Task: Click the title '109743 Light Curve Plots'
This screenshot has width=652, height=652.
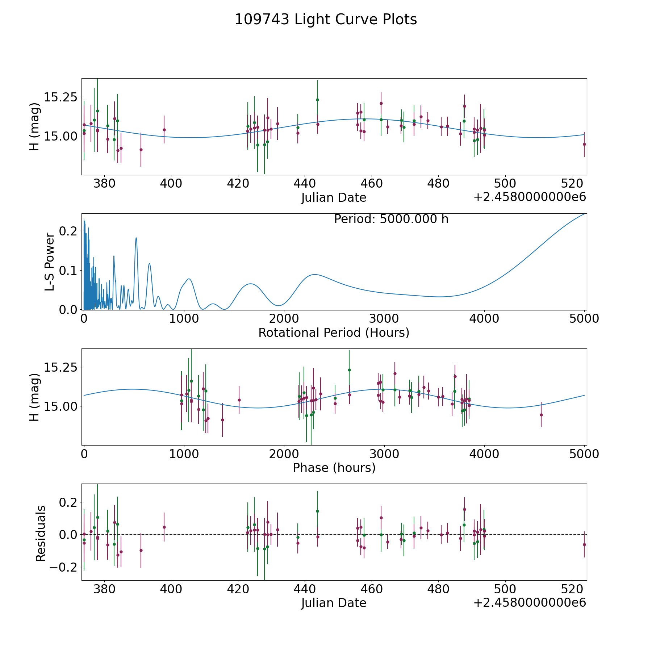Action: [326, 20]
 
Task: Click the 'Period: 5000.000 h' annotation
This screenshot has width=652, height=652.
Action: [391, 219]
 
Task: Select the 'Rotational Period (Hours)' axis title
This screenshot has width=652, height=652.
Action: [334, 333]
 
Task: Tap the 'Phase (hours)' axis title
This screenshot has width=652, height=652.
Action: [334, 468]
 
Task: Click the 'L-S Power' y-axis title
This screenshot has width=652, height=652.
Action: [50, 262]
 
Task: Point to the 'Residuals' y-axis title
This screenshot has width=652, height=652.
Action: [41, 534]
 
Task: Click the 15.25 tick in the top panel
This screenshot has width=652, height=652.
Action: [60, 97]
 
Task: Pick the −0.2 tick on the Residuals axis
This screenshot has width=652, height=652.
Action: [60, 567]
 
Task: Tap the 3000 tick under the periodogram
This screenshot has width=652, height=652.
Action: [384, 319]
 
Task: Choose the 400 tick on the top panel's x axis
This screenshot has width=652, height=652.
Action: [171, 184]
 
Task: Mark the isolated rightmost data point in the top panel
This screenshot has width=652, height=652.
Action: [584, 144]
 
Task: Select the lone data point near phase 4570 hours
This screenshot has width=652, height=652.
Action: [541, 415]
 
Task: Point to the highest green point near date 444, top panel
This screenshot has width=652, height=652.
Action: [317, 100]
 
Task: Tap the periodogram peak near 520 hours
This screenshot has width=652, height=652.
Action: [136, 238]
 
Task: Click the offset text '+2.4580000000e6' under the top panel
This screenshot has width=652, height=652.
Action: [530, 197]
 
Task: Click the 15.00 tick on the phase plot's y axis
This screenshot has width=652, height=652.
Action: [60, 406]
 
